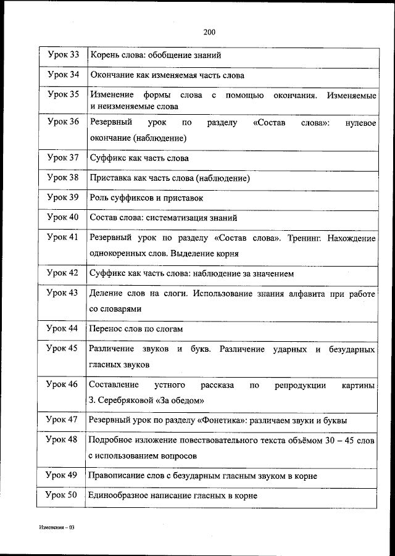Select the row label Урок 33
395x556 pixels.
pos(63,56)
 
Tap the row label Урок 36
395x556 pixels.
pos(63,122)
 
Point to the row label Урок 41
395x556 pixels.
pos(63,238)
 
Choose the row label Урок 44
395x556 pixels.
pos(63,328)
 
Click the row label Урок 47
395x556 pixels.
pos(63,420)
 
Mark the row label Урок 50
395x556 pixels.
pos(63,495)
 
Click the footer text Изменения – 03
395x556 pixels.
pos(56,528)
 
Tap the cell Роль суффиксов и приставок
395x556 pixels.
pos(146,199)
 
